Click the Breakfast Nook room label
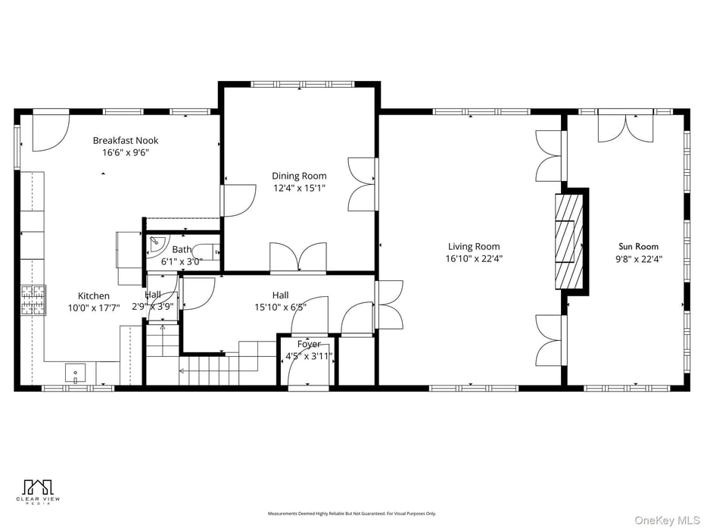[126, 140]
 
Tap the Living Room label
[474, 246]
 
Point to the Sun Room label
[638, 246]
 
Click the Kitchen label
[94, 295]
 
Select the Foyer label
[308, 344]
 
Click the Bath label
[182, 249]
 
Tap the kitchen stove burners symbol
[33, 299]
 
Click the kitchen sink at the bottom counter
[75, 373]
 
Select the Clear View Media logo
[38, 492]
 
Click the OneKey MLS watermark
[666, 520]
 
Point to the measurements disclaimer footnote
[351, 514]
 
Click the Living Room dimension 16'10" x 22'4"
[474, 258]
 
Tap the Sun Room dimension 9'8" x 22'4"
[638, 258]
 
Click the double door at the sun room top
[625, 127]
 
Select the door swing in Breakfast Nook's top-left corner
[51, 131]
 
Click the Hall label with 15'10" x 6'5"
[280, 295]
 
